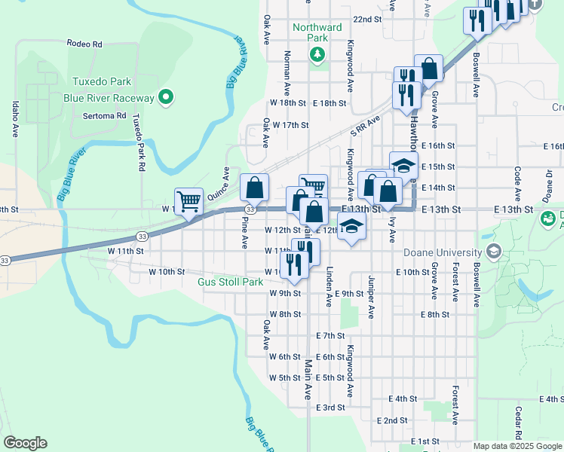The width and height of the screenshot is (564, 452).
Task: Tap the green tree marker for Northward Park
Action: coord(317,53)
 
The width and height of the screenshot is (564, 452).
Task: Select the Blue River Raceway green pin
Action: coord(167,98)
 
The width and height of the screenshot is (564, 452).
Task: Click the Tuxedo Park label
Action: coord(102,82)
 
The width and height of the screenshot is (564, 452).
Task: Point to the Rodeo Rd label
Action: coord(84,44)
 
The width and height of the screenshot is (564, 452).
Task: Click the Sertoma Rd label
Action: coord(105,116)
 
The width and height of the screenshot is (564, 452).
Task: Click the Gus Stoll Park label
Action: coord(230,282)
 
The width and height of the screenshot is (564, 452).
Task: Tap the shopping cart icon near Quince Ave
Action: coord(189,200)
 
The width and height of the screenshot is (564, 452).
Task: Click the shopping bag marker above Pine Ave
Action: coord(255,187)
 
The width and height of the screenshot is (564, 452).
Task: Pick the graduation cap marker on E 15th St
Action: coord(403,165)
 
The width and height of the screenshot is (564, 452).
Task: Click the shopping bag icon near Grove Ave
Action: coord(428,69)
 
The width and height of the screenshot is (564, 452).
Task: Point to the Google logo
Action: coord(25,443)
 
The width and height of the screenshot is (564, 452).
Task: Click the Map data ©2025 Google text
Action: coord(517,446)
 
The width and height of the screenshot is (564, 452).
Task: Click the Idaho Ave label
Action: coord(15,120)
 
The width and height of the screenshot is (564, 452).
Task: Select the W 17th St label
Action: coord(290,125)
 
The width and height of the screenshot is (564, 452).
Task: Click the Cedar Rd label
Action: coord(519,423)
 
